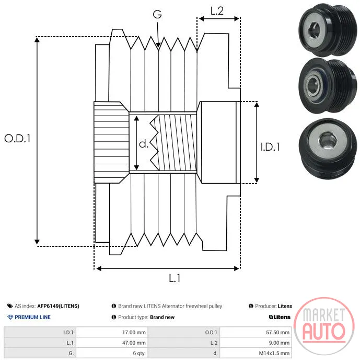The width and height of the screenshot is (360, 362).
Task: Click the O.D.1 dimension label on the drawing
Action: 17,139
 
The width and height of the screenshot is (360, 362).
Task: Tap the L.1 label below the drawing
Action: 175,278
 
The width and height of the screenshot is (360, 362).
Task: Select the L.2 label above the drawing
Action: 217,11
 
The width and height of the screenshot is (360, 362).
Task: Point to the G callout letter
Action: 157,14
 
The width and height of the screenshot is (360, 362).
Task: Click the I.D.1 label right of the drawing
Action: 270,147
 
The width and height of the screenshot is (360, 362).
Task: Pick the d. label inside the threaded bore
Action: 144,144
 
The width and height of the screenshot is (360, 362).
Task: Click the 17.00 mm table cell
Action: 134,333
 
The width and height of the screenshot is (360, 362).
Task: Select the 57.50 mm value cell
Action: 277,333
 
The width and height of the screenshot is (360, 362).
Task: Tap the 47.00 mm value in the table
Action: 134,343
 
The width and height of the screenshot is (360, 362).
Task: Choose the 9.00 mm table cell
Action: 279,343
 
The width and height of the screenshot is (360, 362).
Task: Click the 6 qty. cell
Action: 139,353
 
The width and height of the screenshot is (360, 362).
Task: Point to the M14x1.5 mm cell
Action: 274,353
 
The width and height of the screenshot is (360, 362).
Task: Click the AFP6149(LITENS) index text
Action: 58,306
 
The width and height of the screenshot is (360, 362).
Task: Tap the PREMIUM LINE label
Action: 32,317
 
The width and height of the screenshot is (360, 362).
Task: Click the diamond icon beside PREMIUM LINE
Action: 10,317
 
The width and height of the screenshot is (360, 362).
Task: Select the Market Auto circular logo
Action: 324,326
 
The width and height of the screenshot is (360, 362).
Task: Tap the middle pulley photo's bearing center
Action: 313,85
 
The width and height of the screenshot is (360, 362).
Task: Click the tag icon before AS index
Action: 10,306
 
